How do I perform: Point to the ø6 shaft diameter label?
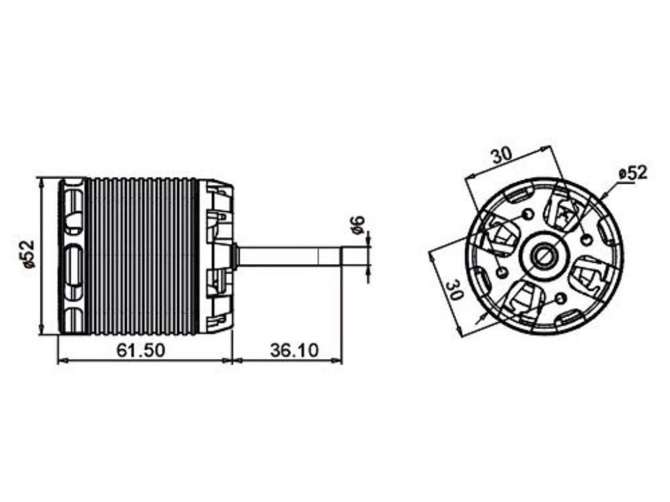coord(357,225)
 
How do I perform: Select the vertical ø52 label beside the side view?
coord(27,255)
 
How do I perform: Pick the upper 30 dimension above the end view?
coord(500,155)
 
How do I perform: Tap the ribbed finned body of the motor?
coord(143,255)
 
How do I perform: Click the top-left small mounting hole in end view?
coord(527,213)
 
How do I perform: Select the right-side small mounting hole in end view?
coord(587,240)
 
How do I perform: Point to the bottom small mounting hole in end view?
coord(558,299)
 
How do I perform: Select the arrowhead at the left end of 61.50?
coord(60,361)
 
